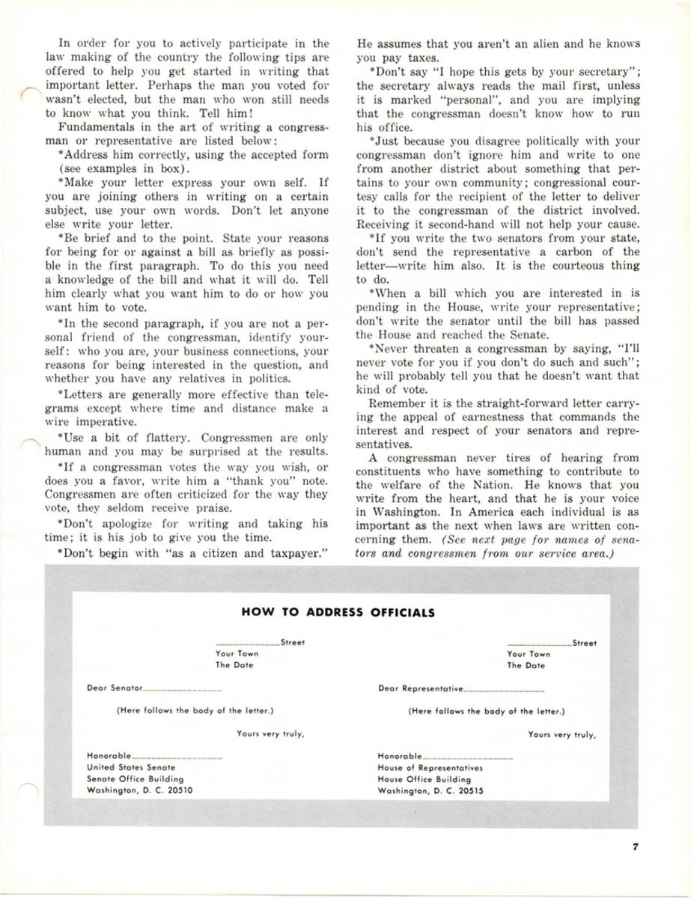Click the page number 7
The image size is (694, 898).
pyautogui.click(x=634, y=847)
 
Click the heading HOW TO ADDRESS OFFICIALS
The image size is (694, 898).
pyautogui.click(x=338, y=611)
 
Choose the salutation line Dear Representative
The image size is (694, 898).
pyautogui.click(x=420, y=687)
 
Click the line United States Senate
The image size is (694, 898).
pyautogui.click(x=131, y=767)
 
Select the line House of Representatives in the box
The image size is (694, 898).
pyautogui.click(x=430, y=767)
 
